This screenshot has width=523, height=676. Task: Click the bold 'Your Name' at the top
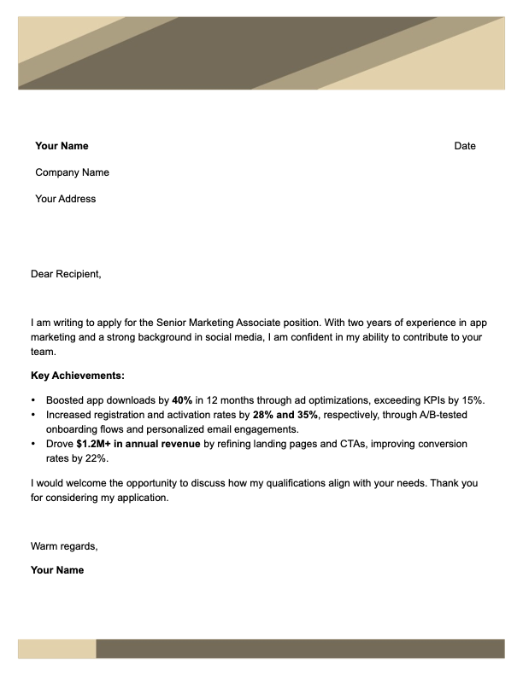pos(62,146)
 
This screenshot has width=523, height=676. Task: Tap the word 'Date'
pos(465,146)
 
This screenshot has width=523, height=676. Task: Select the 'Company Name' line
pos(72,172)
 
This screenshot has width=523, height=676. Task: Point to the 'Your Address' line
pos(66,199)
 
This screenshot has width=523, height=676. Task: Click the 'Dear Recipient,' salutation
pos(66,274)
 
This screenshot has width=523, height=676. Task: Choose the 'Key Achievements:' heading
pos(78,375)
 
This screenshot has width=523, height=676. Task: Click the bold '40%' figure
pos(182,399)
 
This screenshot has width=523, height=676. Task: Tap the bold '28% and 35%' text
pos(285,415)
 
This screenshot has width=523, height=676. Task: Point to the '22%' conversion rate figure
pos(97,459)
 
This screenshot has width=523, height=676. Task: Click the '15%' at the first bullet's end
pos(473,399)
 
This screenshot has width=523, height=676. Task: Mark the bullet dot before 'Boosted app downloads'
pos(33,399)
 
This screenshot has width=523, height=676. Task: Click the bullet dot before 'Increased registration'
pos(33,415)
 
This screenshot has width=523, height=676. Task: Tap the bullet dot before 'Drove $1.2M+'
pos(33,445)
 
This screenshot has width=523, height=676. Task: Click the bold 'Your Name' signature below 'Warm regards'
pos(57,569)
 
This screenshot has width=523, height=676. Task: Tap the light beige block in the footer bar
pos(56,649)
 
